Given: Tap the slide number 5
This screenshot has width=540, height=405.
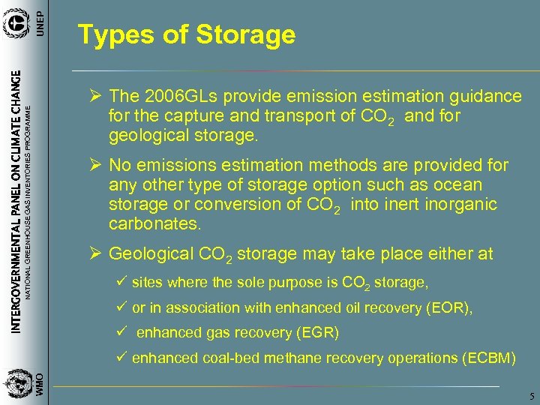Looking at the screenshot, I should pyautogui.click(x=529, y=396).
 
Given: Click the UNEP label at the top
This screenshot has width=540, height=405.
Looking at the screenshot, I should pyautogui.click(x=42, y=17).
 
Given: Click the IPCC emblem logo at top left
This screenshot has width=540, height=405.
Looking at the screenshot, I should pyautogui.click(x=16, y=23).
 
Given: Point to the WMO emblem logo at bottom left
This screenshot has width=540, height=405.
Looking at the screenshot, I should pyautogui.click(x=16, y=384).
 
